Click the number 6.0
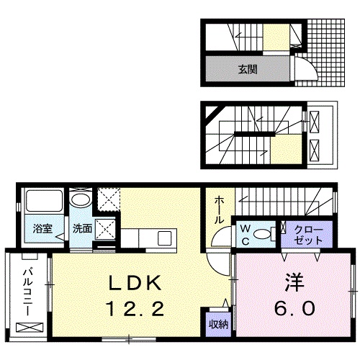(x=293, y=309)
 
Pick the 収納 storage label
(x=219, y=324)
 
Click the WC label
(x=245, y=233)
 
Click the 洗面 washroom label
(x=81, y=229)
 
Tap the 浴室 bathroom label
(x=42, y=229)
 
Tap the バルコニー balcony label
(x=26, y=291)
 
